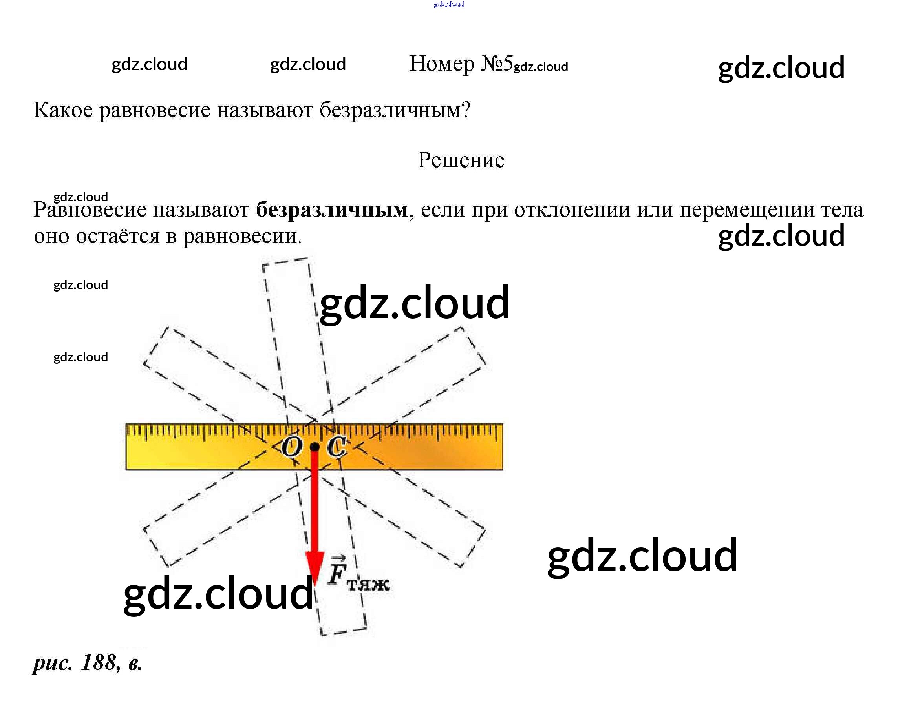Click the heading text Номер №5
461,64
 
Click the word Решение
461,160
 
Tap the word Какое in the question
63,110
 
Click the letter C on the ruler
336,447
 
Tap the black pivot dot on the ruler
315,447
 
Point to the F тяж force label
357,574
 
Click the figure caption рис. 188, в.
88,663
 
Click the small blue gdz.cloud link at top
448,5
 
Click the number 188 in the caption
99,662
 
